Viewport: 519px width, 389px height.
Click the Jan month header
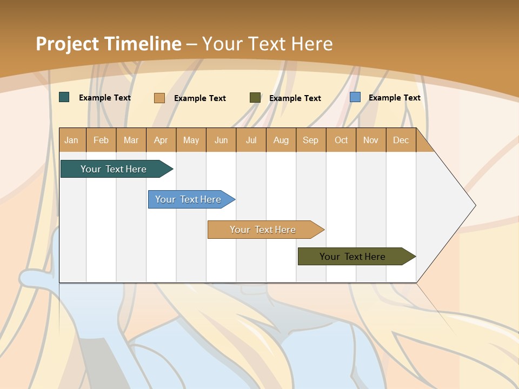pyautogui.click(x=72, y=140)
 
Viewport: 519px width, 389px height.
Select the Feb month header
pyautogui.click(x=101, y=140)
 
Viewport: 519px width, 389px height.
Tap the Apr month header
pyautogui.click(x=161, y=140)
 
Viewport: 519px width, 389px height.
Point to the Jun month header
pyautogui.click(x=221, y=140)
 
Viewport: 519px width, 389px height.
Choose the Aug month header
pyautogui.click(x=281, y=140)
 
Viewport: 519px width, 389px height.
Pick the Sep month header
pyautogui.click(x=311, y=140)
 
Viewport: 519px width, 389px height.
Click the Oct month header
pyautogui.click(x=341, y=140)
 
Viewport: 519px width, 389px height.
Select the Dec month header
pyautogui.click(x=401, y=140)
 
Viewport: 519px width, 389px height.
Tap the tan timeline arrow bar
pyautogui.click(x=263, y=230)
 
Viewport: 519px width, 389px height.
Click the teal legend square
pyautogui.click(x=64, y=97)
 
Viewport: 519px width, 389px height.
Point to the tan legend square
pyautogui.click(x=159, y=98)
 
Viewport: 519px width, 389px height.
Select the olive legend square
pyautogui.click(x=255, y=98)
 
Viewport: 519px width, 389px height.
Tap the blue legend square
pyautogui.click(x=355, y=97)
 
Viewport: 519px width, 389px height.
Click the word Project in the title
pyautogui.click(x=68, y=44)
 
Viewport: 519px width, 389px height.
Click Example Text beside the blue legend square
pyautogui.click(x=395, y=98)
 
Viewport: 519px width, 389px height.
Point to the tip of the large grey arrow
pyautogui.click(x=474, y=205)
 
